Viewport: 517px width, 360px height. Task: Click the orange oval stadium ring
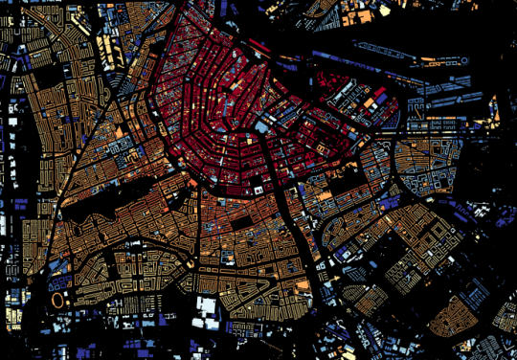pyautogui.click(x=58, y=301)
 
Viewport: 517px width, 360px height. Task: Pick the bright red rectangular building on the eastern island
pyautogui.click(x=377, y=96)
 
